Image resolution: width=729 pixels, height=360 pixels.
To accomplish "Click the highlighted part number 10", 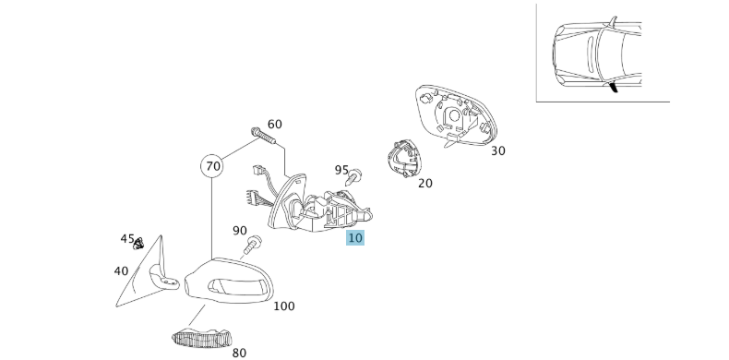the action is [x=355, y=238].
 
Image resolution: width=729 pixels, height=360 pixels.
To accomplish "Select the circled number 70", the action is [x=212, y=166].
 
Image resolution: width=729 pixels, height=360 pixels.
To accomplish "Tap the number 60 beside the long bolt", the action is [x=274, y=125].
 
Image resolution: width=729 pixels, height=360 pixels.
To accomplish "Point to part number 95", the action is [x=341, y=170].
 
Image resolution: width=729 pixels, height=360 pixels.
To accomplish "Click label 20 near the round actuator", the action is [x=424, y=184].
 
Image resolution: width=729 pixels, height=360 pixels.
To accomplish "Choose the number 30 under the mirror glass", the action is [x=497, y=150].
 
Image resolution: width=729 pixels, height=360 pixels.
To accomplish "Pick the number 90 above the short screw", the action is [x=239, y=231].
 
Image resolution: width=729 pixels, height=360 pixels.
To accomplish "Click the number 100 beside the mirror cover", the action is [x=283, y=306].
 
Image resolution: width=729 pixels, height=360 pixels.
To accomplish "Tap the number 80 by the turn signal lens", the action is [x=239, y=353].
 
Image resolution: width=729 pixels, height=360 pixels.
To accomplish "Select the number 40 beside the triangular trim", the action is [x=121, y=270].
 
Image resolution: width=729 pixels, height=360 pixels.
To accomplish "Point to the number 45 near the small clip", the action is [x=127, y=238].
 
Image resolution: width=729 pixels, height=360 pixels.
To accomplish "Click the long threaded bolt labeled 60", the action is [x=263, y=136].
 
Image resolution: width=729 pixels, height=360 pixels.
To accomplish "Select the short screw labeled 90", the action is [x=252, y=245].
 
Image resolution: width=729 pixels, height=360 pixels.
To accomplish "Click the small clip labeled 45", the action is [x=138, y=244].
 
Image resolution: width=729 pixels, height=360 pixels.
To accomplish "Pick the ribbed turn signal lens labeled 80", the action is [x=202, y=337].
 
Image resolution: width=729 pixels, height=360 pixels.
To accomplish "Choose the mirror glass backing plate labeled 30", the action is [x=456, y=115].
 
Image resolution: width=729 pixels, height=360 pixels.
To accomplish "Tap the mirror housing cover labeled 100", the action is [x=229, y=282].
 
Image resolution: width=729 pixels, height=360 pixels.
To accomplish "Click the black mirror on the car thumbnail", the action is [x=614, y=87].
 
